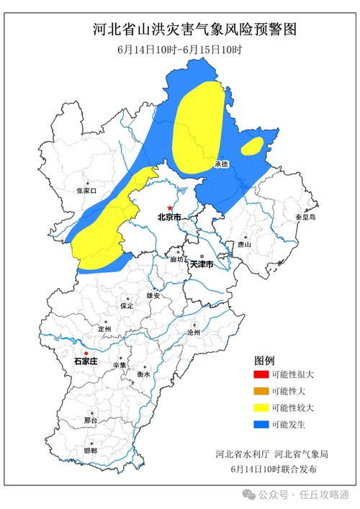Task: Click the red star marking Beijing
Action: tap(170, 207)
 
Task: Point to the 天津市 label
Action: tap(202, 265)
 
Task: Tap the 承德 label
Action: tap(220, 164)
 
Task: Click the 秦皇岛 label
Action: tap(305, 217)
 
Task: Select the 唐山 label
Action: tap(244, 245)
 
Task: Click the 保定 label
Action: tap(127, 306)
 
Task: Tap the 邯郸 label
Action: tap(90, 450)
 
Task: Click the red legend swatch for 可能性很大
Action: tap(260, 375)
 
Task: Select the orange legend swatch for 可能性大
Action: tap(260, 392)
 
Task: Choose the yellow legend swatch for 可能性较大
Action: tap(260, 408)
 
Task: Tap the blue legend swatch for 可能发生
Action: tap(260, 425)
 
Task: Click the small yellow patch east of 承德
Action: tap(252, 146)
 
